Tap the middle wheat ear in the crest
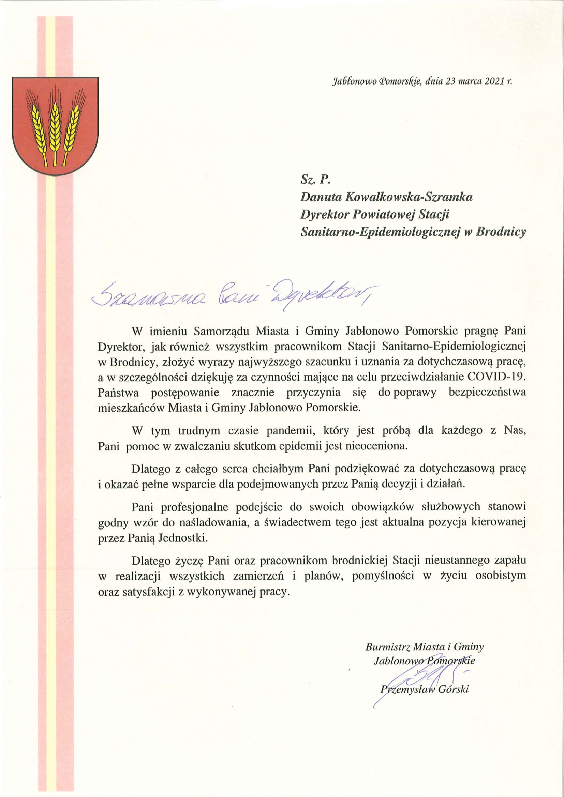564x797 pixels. click(54, 125)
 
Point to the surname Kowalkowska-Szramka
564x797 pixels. click(409, 197)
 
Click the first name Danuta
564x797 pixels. click(321, 197)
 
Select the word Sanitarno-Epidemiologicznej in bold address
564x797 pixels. click(380, 232)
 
